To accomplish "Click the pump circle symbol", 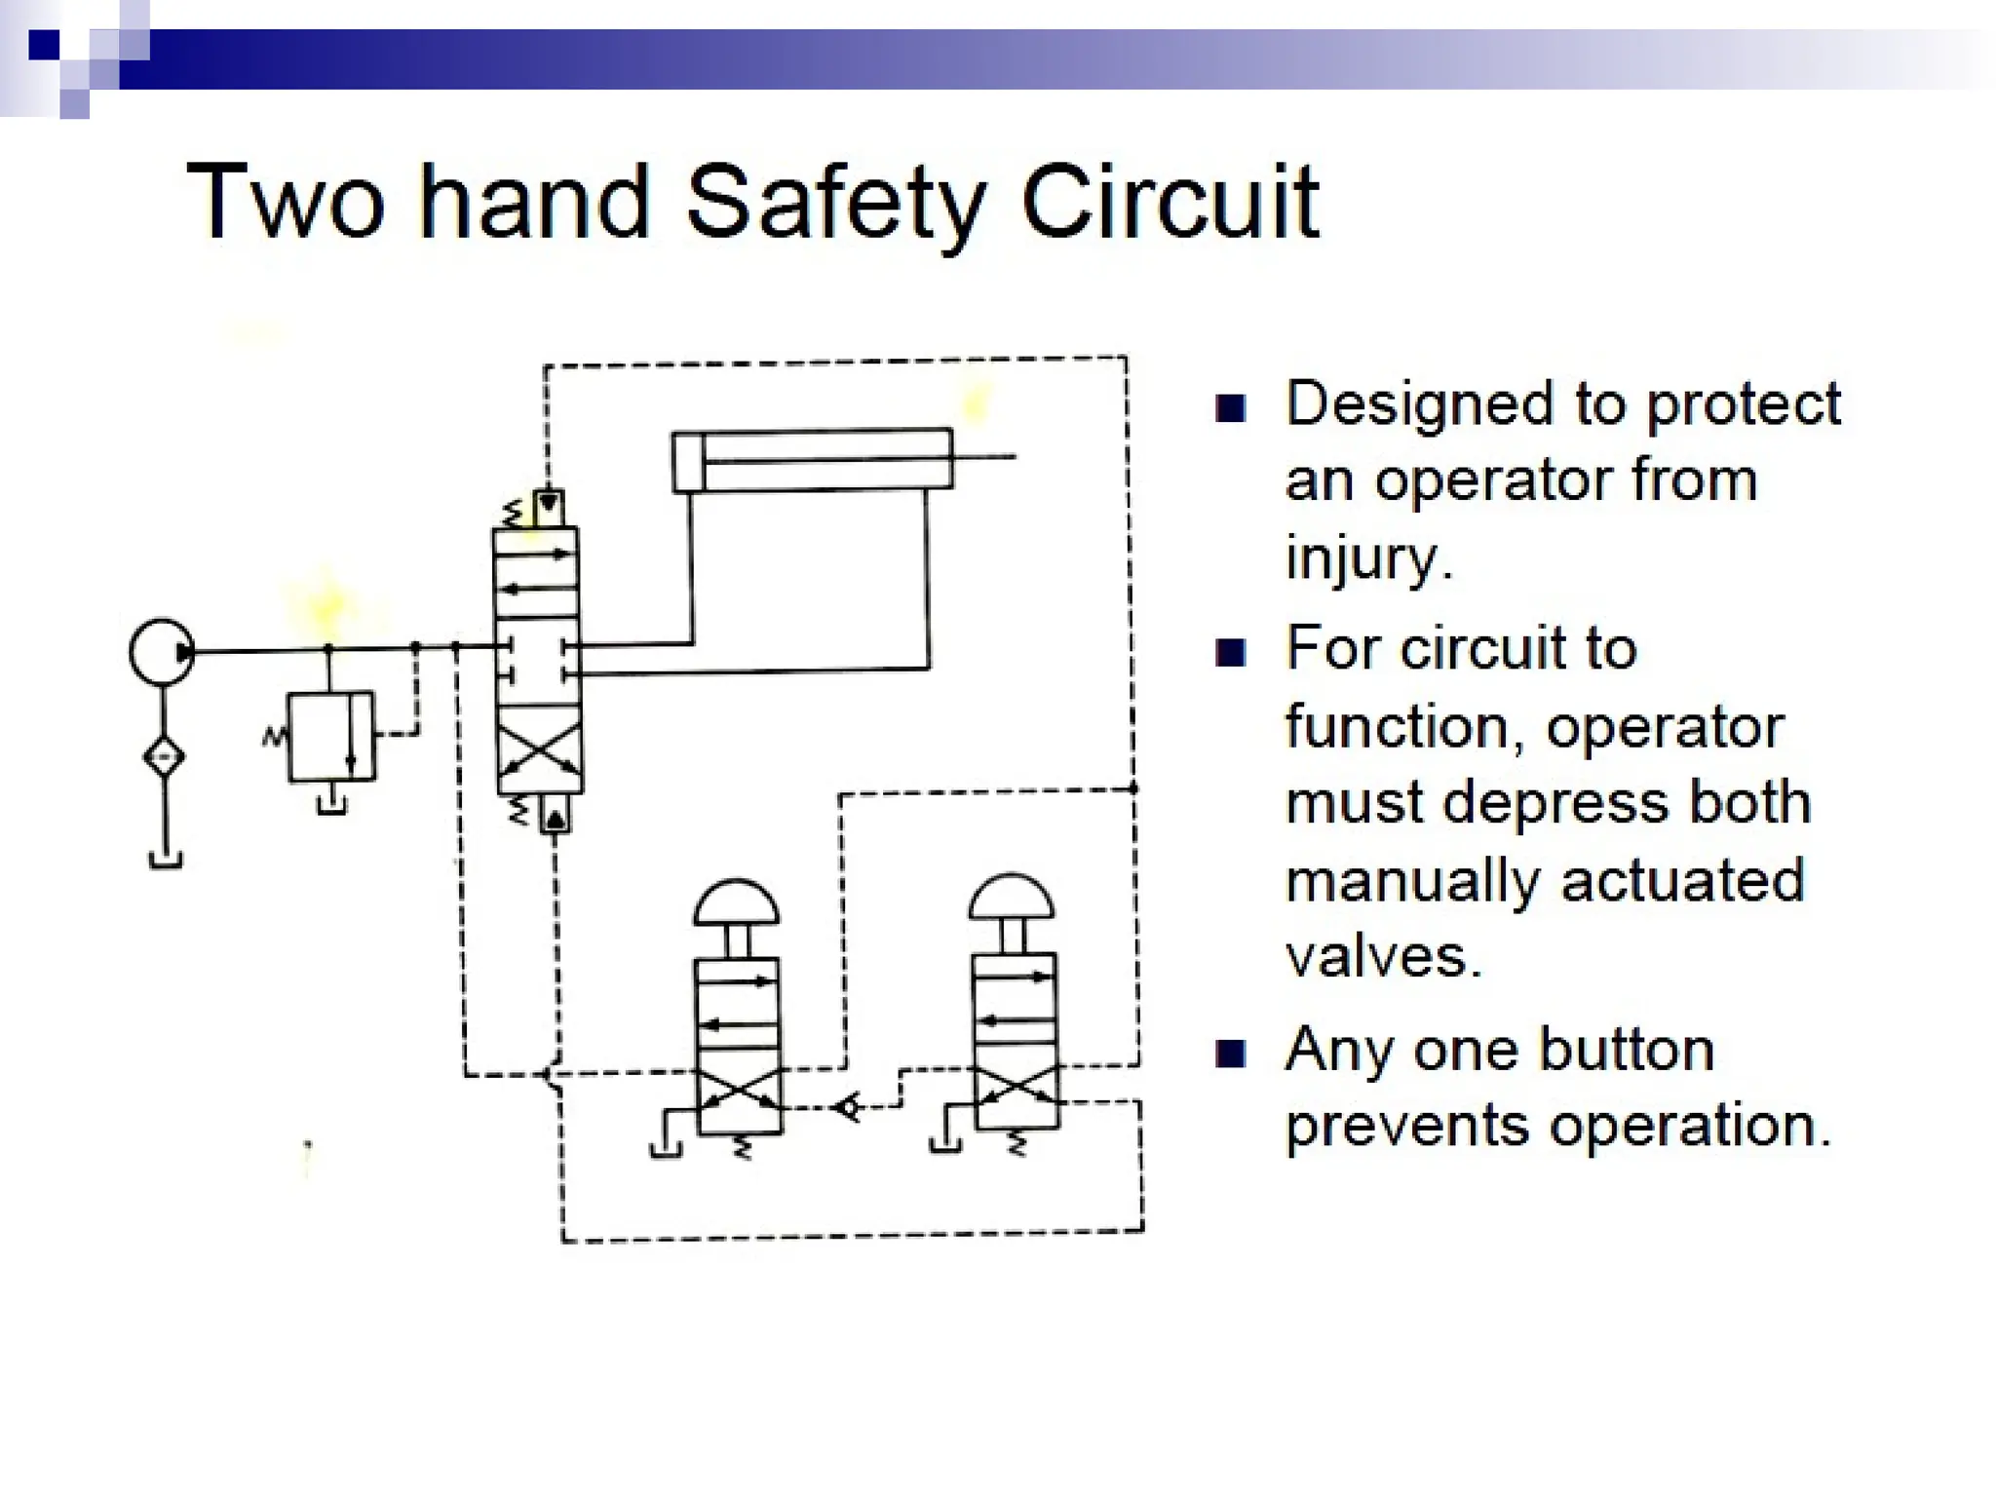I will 162,650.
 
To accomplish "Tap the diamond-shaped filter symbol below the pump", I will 164,756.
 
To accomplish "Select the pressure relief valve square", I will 330,736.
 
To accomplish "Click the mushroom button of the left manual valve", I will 736,903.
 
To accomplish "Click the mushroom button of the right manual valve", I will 1012,897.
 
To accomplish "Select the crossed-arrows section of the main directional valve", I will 538,758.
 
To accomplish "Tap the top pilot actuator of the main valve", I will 550,508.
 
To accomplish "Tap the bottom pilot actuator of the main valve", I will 555,816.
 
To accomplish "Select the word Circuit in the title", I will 1170,203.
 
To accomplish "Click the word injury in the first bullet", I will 1368,558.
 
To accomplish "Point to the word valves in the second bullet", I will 1383,956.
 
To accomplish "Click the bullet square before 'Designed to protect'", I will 1231,408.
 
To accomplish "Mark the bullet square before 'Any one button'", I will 1231,1054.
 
